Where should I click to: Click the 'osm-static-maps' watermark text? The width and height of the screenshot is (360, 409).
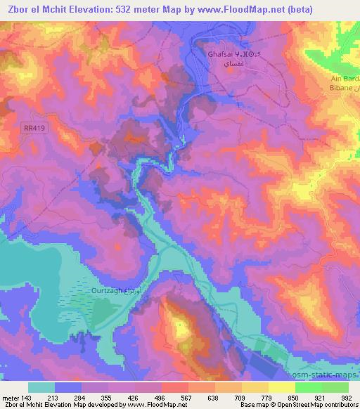pyautogui.click(x=328, y=374)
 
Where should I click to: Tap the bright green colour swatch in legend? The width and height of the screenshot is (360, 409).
pyautogui.click(x=309, y=387)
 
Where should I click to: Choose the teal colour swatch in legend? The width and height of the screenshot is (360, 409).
pyautogui.click(x=41, y=387)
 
